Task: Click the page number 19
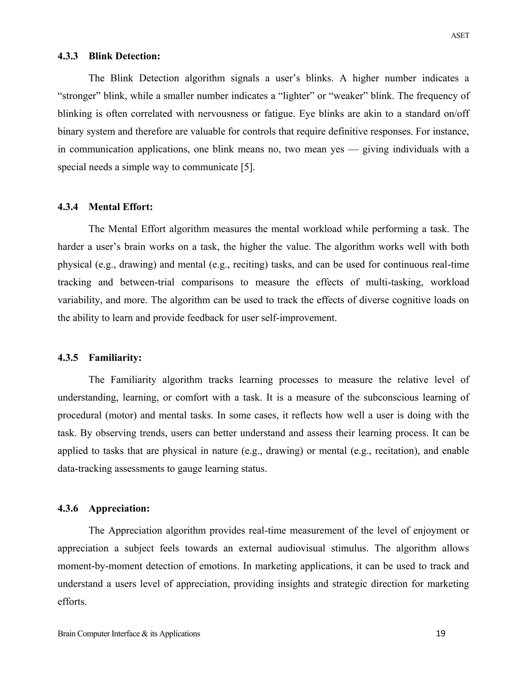[441, 633]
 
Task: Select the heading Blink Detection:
[124, 56]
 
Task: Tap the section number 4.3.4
[68, 207]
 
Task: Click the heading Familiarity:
[115, 358]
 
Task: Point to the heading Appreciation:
[119, 508]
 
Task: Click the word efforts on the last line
[72, 601]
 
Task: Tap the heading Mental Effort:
[121, 207]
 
